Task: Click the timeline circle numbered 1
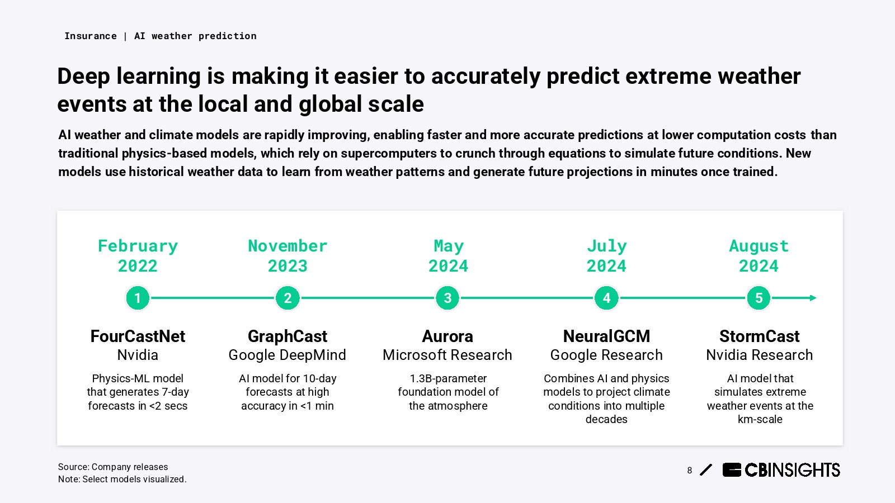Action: [138, 298]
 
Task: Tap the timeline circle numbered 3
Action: [447, 298]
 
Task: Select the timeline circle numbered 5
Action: [759, 298]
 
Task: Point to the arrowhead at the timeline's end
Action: [813, 298]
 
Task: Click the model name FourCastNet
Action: [138, 336]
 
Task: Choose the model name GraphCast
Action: [288, 336]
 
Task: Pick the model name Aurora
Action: [447, 336]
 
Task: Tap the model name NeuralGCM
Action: [606, 336]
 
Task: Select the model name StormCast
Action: [760, 336]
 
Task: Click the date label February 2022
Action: [138, 256]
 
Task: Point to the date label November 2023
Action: [288, 256]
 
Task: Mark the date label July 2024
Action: [606, 256]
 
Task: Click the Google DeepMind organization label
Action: [288, 355]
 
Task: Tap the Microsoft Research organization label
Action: [447, 355]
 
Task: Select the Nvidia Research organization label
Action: [760, 355]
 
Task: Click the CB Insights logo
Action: [781, 470]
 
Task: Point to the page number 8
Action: [690, 470]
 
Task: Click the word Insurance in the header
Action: [91, 36]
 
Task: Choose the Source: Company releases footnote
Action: [113, 467]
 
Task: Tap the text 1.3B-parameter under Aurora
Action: [448, 378]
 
